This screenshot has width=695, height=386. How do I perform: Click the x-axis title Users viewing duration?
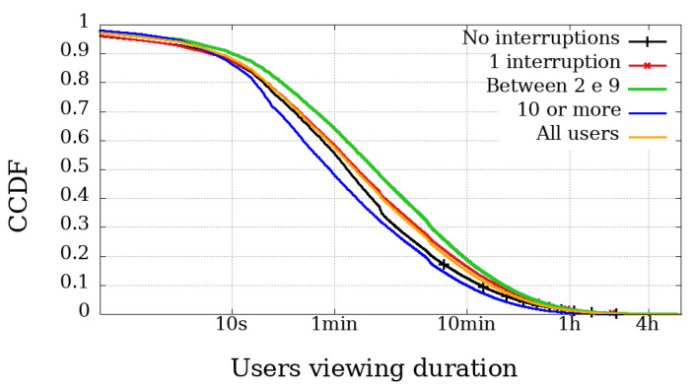374,367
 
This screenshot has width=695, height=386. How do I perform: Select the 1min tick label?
334,325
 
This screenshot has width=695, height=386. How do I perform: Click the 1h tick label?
569,325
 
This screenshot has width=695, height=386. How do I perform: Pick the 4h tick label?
647,325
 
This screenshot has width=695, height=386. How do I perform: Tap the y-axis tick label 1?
84,22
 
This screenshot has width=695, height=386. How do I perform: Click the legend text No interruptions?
541,38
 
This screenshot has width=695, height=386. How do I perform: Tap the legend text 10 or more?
570,109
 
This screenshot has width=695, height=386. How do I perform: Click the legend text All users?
578,133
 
